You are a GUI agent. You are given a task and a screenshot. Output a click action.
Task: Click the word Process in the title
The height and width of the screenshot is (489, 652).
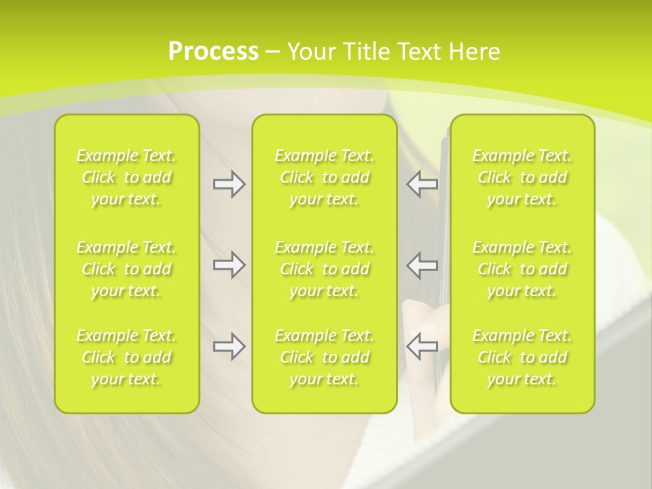point(213,52)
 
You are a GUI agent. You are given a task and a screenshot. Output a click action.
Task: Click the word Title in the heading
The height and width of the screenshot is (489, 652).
point(363,52)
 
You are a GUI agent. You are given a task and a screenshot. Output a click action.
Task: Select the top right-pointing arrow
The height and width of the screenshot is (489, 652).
point(229,184)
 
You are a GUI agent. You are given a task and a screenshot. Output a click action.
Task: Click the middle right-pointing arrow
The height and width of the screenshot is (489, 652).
point(229,266)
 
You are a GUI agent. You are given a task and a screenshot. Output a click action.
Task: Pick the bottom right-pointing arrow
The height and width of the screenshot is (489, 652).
point(229,346)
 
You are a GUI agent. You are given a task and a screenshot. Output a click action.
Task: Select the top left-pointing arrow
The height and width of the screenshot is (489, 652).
point(422,184)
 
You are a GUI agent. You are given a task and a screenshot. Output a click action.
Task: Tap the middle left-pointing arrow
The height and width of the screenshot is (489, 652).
point(422,266)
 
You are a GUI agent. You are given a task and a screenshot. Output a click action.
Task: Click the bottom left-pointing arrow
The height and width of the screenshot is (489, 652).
point(422,346)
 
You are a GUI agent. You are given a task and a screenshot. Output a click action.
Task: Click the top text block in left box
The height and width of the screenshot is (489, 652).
point(126,177)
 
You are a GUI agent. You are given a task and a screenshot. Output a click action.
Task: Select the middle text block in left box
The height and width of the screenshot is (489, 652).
point(126,269)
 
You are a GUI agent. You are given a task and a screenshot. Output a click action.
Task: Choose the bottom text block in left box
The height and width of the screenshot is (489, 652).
point(126,357)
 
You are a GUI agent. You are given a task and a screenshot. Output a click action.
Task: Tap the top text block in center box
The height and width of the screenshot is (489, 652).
point(325,177)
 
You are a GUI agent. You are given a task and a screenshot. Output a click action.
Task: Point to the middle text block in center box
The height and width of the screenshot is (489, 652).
point(325,269)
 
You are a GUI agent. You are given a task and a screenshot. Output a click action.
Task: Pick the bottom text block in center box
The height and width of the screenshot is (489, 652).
point(325,357)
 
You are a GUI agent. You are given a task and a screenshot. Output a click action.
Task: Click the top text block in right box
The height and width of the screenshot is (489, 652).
point(522,177)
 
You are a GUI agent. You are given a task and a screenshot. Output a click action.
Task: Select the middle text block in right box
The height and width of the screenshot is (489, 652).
point(522,269)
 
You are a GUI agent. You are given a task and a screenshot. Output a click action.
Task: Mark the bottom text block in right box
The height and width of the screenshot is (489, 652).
point(522,357)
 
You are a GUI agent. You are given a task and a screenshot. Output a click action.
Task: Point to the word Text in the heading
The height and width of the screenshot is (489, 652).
point(418,52)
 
